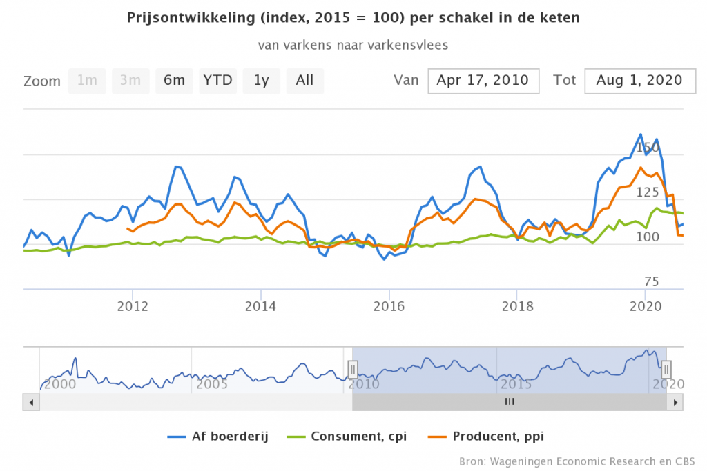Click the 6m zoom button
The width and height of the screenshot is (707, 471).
[x=174, y=81]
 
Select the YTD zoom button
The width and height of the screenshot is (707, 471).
[x=217, y=81]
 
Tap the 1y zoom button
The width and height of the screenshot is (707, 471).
[x=261, y=81]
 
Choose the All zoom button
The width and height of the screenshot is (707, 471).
[x=304, y=81]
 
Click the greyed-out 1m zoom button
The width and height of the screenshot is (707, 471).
[x=87, y=81]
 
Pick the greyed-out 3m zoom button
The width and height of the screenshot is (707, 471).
[x=130, y=81]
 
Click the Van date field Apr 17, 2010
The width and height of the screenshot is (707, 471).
[x=483, y=81]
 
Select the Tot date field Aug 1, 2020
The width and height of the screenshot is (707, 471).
[x=639, y=81]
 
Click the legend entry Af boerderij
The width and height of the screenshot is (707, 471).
[x=227, y=436]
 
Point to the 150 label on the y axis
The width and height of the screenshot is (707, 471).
[x=648, y=148]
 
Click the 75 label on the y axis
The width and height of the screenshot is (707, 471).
[x=652, y=281]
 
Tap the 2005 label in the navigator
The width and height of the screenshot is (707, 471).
[x=213, y=383]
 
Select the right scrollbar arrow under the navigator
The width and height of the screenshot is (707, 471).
[x=677, y=401]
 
